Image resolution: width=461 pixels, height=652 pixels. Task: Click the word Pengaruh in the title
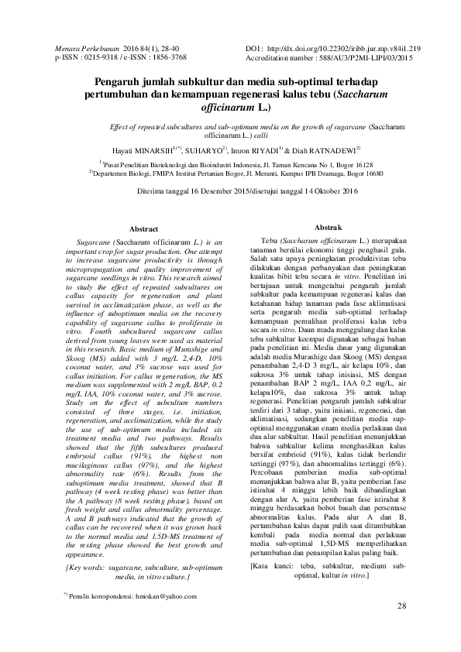coord(122,82)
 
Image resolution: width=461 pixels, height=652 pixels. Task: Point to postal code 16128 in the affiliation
coord(361,165)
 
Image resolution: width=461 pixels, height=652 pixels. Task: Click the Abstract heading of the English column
coord(143,230)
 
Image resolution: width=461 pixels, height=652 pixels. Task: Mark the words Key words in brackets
coord(84,568)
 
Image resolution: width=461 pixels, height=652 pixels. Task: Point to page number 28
coord(401,626)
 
